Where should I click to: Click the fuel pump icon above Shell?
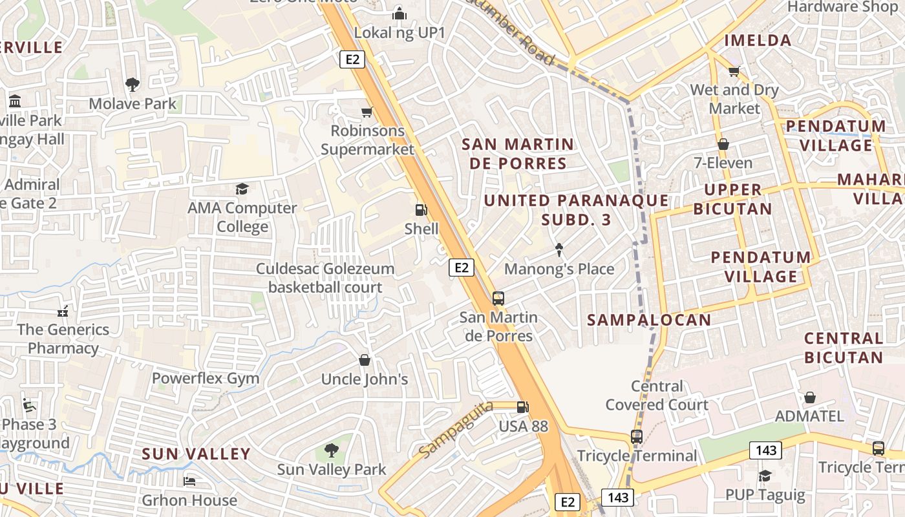point(421,209)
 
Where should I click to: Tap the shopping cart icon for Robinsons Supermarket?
point(367,112)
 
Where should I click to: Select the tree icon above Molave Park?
point(133,84)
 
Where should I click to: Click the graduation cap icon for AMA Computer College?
point(242,189)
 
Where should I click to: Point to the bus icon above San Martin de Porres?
point(498,298)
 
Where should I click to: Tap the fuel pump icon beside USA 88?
point(522,407)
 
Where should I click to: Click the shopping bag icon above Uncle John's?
point(365,360)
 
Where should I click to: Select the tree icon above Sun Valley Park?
point(331,450)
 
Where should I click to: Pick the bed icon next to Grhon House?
point(189,481)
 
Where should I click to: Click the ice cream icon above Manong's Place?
point(559,249)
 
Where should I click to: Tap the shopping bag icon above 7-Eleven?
point(723,143)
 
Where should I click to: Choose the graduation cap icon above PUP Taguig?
point(765,476)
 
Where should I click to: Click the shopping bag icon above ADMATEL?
point(809,397)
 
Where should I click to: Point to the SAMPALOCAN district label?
point(649,319)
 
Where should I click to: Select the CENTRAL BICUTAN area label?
point(844,348)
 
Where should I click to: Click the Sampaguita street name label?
point(456,429)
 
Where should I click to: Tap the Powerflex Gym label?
point(205,378)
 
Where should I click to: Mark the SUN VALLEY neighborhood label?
point(196,454)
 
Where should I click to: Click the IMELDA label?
point(758,40)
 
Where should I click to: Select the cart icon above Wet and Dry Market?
point(734,71)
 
